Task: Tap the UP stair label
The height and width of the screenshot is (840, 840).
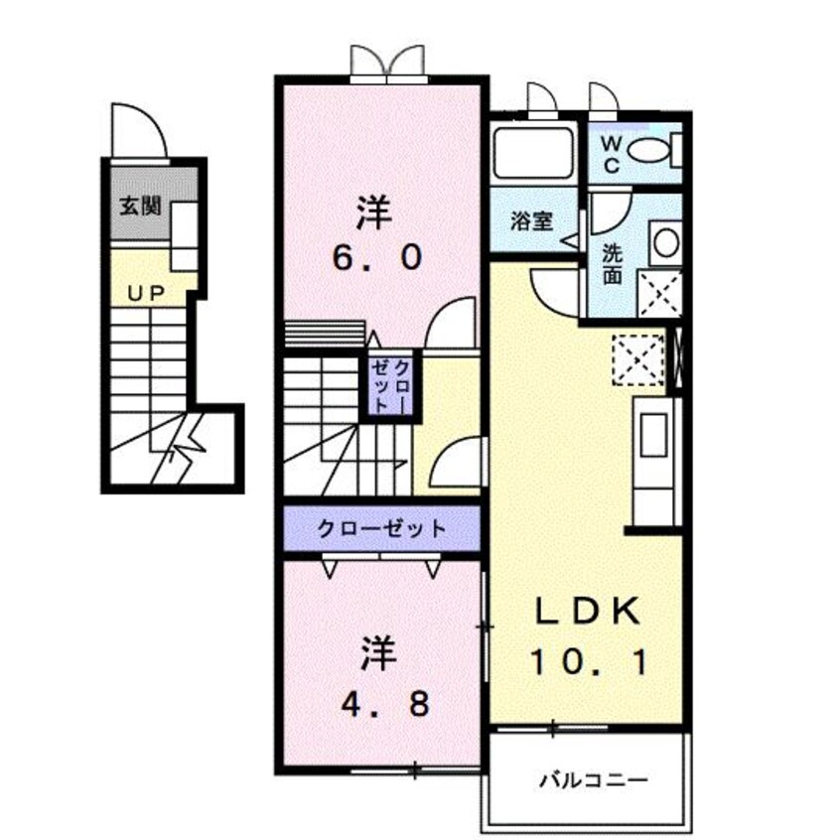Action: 145,293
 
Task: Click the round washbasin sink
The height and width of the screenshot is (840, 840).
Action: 664,242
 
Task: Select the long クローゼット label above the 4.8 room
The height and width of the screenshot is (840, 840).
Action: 382,528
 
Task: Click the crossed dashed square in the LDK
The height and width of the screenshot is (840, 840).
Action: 637,359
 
